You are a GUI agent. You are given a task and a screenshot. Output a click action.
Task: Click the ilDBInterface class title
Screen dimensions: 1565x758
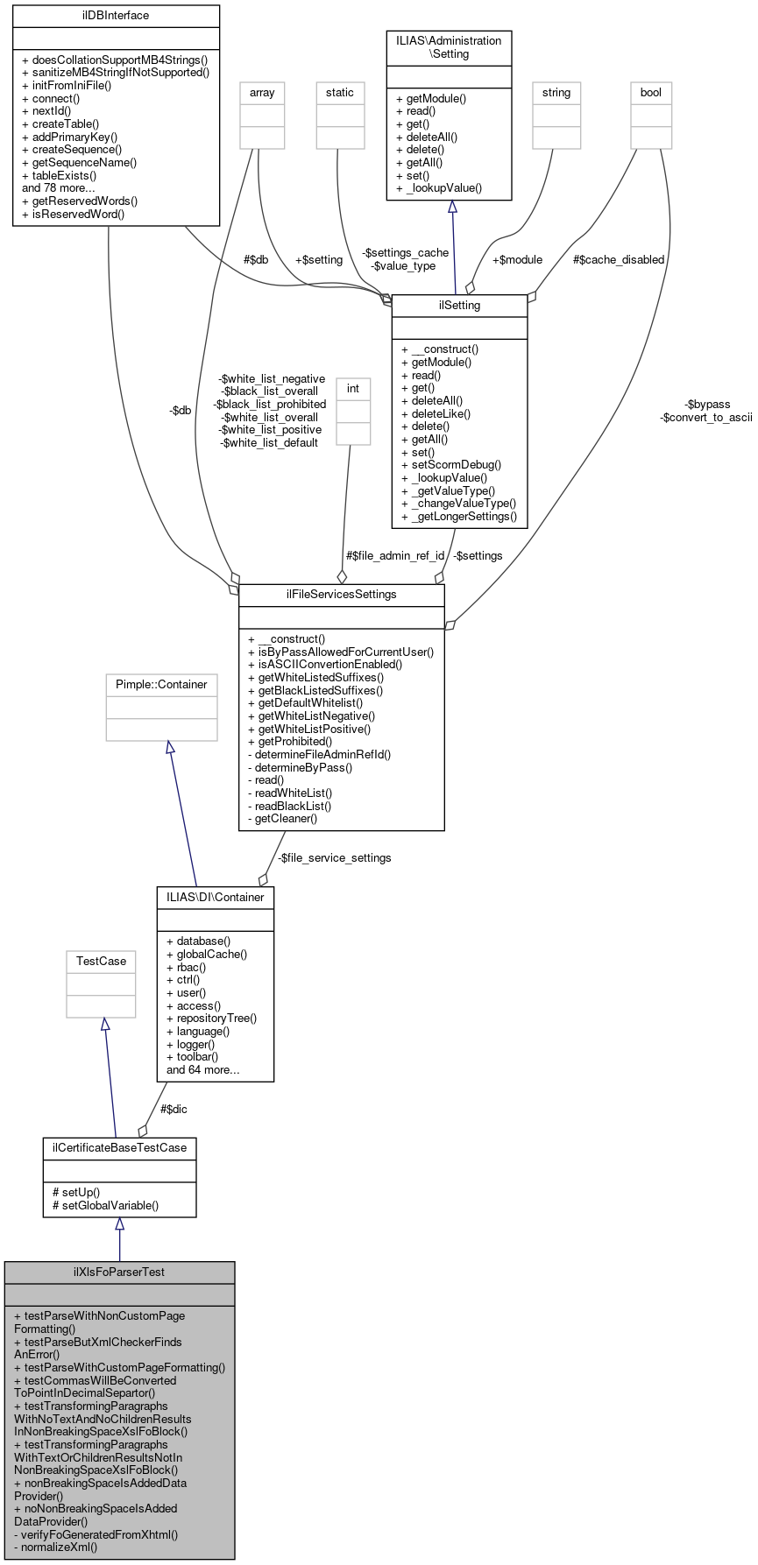click(116, 16)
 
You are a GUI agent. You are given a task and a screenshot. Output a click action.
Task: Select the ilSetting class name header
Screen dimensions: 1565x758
click(459, 306)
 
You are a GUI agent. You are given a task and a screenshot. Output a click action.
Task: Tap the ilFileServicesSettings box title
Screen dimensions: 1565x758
click(341, 595)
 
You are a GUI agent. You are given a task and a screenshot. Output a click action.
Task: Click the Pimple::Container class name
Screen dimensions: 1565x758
click(161, 685)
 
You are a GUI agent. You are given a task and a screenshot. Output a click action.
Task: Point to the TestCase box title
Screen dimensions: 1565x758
click(101, 962)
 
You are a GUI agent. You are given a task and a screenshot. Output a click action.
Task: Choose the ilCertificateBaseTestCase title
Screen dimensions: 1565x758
click(119, 1148)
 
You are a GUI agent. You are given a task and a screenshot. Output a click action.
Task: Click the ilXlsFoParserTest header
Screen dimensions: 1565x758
click(119, 1272)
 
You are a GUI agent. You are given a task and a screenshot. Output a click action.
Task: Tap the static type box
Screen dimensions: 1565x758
click(339, 93)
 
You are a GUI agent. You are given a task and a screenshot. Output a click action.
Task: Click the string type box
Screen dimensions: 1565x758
click(556, 93)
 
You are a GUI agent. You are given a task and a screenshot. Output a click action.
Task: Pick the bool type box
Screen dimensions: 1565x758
click(651, 93)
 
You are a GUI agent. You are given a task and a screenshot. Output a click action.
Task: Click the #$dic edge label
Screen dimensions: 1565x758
click(174, 1110)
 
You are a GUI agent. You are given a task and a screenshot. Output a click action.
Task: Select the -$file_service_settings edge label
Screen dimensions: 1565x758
click(334, 858)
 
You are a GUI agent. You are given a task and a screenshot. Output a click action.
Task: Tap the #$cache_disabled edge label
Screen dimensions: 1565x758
click(619, 260)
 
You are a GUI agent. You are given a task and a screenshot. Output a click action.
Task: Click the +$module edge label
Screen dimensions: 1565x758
click(517, 260)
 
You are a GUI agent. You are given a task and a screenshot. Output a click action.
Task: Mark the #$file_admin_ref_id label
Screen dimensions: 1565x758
click(394, 556)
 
